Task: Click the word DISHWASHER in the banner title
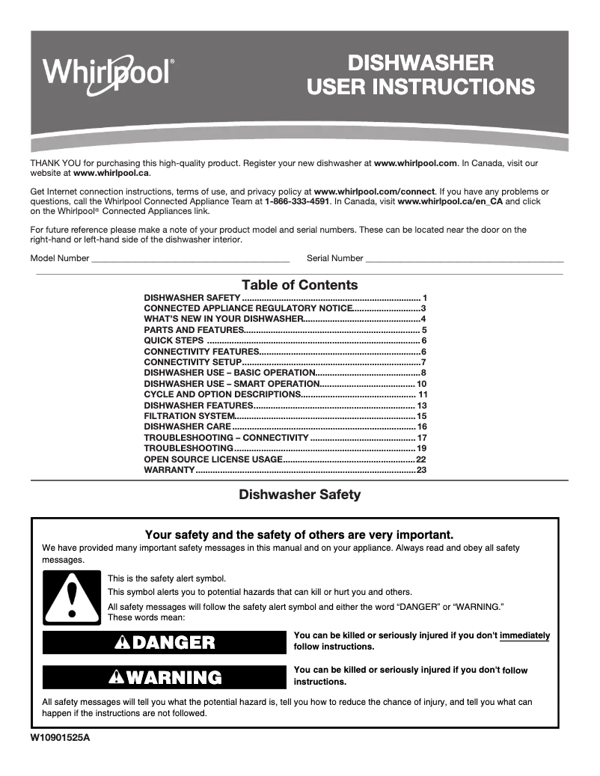tap(420, 62)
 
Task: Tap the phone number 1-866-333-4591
tap(297, 201)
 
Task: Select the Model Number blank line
tap(189, 259)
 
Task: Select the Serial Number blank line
tap(464, 259)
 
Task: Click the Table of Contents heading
tap(299, 285)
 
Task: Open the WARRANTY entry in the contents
tap(169, 470)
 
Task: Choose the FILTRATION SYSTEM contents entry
tap(189, 416)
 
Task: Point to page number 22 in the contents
tap(421, 459)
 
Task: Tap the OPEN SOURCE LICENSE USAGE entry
tap(213, 459)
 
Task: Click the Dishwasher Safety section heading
tap(299, 495)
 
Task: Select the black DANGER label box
tap(165, 642)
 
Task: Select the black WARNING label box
tap(165, 678)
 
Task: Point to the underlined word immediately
tap(524, 635)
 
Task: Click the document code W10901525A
tap(65, 738)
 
